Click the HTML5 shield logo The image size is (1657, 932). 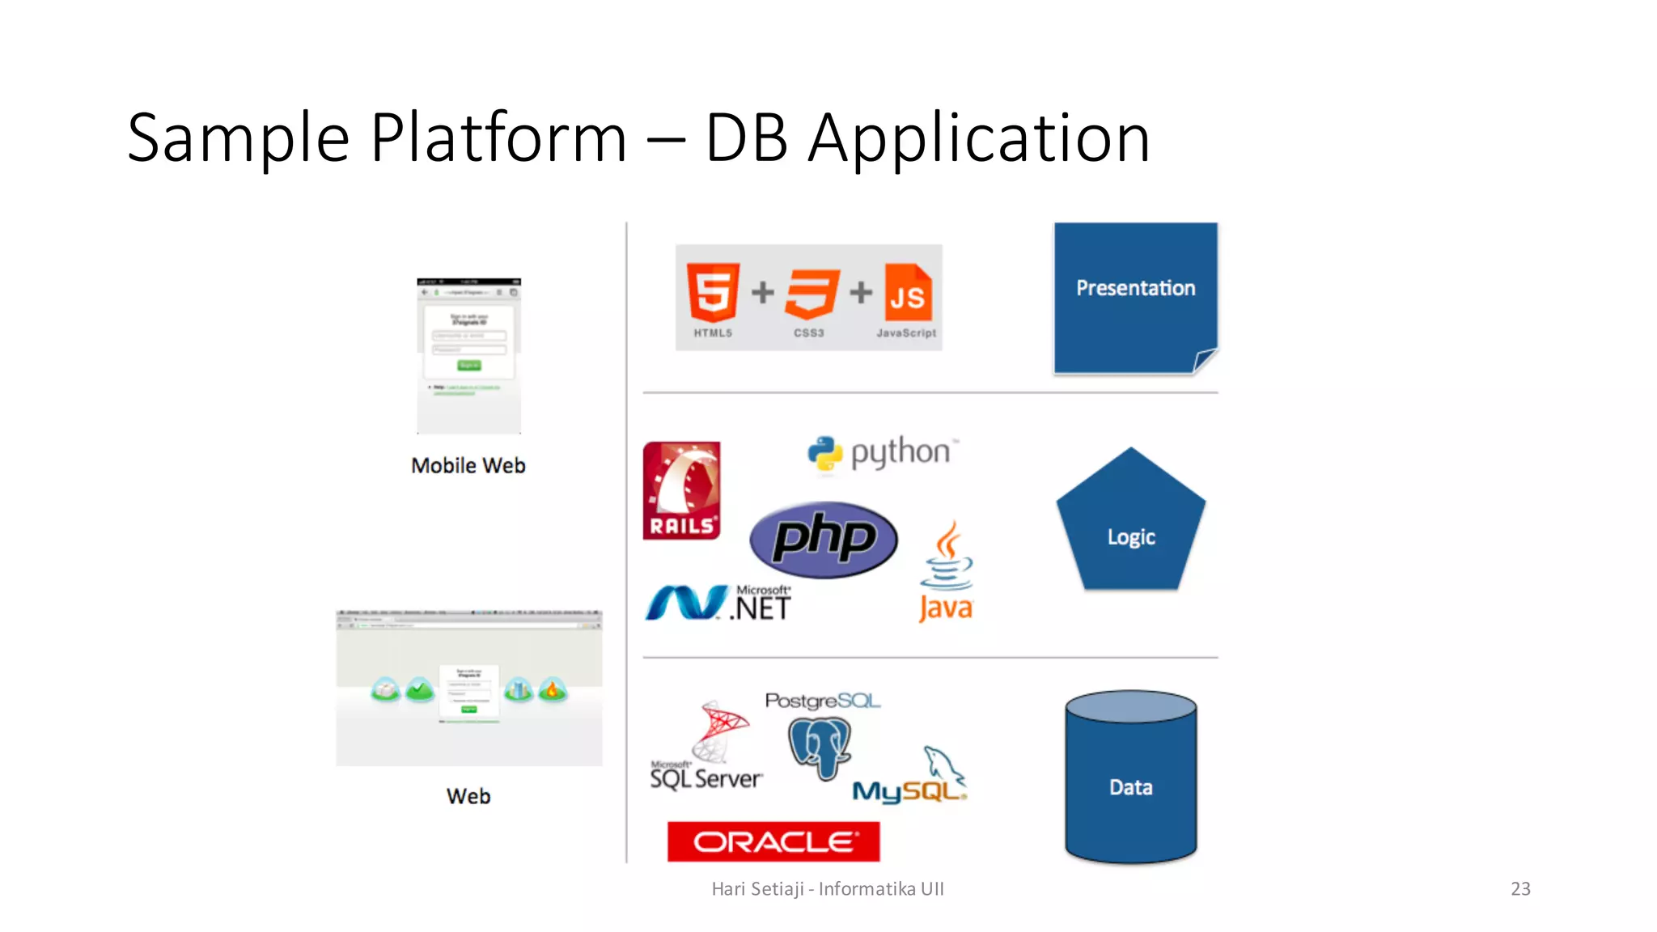pyautogui.click(x=713, y=292)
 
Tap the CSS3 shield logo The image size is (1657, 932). pyautogui.click(x=811, y=294)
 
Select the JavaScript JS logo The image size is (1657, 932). pyautogui.click(x=908, y=294)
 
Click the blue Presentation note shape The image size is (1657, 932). pyautogui.click(x=1134, y=297)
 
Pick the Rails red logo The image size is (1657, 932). pyautogui.click(x=681, y=490)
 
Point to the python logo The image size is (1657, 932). pyautogui.click(x=883, y=453)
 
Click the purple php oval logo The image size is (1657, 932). pyautogui.click(x=823, y=539)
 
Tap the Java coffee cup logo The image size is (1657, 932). pyautogui.click(x=946, y=571)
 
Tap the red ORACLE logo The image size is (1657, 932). pyautogui.click(x=773, y=841)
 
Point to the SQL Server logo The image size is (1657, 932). pyautogui.click(x=707, y=748)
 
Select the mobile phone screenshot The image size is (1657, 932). pyautogui.click(x=468, y=356)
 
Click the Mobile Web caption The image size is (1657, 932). pyautogui.click(x=468, y=466)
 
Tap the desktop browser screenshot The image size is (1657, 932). pyautogui.click(x=468, y=688)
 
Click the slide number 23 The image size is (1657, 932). pyautogui.click(x=1520, y=888)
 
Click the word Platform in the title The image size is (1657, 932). pyautogui.click(x=498, y=138)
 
